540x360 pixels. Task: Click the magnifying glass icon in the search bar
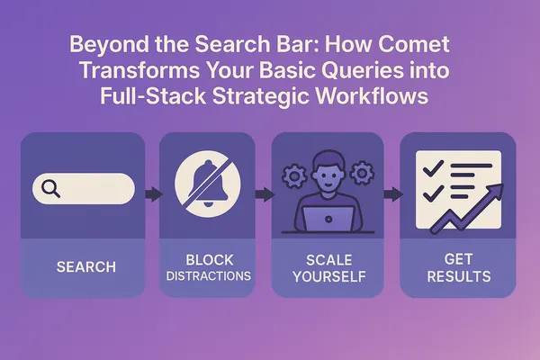click(50, 188)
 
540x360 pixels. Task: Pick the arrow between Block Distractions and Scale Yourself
click(264, 193)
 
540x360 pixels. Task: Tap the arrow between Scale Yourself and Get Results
click(392, 193)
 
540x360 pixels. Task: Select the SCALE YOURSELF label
click(328, 268)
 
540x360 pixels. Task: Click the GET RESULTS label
click(457, 268)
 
